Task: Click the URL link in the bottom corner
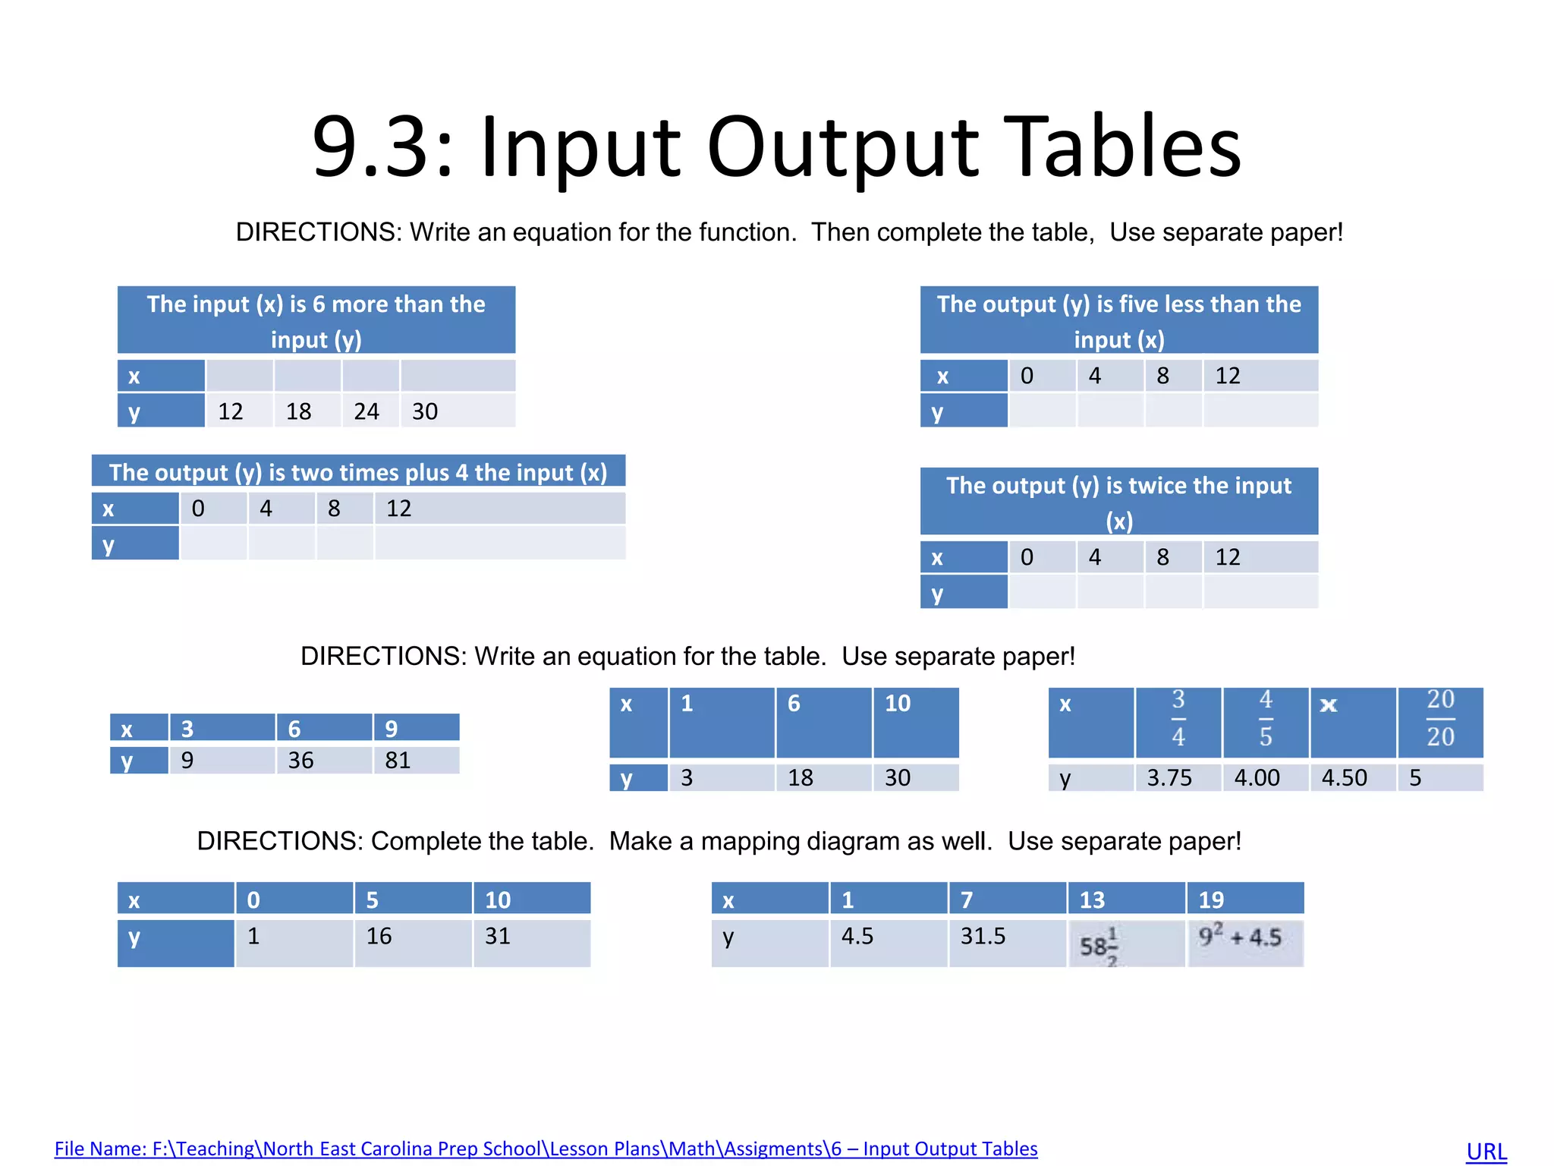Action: (1486, 1151)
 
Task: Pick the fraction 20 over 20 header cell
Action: (1440, 719)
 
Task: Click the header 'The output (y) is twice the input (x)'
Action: (1118, 502)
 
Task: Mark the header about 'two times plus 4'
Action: (358, 472)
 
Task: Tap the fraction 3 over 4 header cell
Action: (1178, 719)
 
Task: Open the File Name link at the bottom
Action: (546, 1149)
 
